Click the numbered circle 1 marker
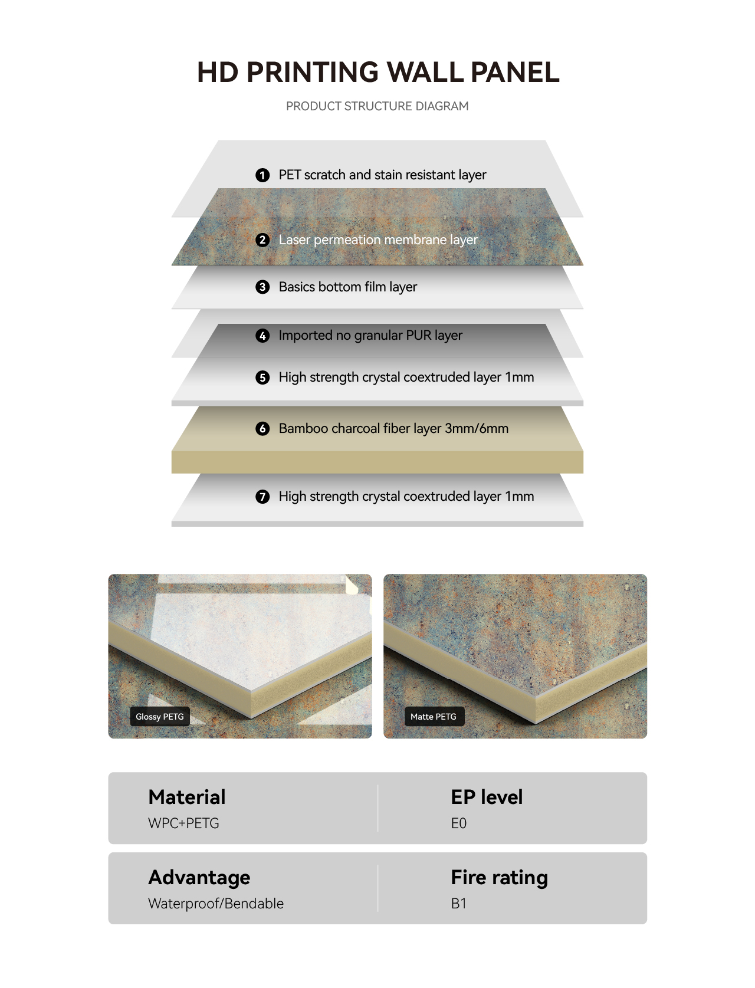(262, 175)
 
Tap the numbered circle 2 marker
(262, 240)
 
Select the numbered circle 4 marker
(262, 336)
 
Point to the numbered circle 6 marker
(262, 428)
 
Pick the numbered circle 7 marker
(262, 497)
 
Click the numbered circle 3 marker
(262, 287)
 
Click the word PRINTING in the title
(312, 72)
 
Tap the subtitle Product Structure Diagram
(377, 106)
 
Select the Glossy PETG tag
(160, 717)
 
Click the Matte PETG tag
(434, 717)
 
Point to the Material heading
(187, 797)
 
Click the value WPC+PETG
(183, 823)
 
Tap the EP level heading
(487, 797)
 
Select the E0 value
(458, 823)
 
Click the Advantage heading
(199, 878)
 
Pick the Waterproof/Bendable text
(216, 904)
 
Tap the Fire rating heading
(500, 878)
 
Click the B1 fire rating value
(458, 904)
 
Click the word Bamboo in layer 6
(303, 428)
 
